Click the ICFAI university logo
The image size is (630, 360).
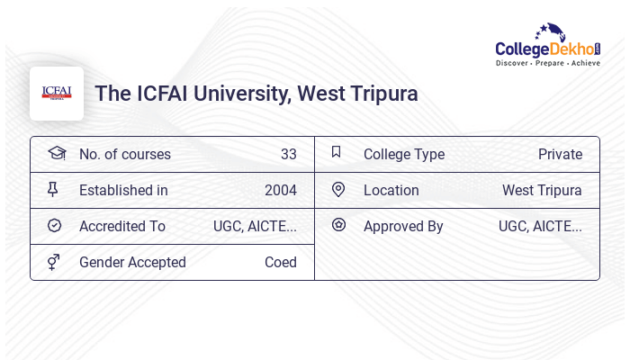(x=57, y=93)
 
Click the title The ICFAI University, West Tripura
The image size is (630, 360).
(x=256, y=94)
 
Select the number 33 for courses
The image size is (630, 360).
(x=288, y=154)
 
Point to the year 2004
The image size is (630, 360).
(x=280, y=190)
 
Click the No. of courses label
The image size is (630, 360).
(x=124, y=154)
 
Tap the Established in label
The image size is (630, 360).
(x=123, y=190)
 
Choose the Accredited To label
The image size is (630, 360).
(x=122, y=226)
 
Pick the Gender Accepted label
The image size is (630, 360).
(x=132, y=262)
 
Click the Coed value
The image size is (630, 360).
(x=280, y=262)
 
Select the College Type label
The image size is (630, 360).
(x=404, y=154)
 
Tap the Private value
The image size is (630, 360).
(x=560, y=154)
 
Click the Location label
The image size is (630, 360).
(x=391, y=190)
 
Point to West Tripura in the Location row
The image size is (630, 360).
(x=542, y=190)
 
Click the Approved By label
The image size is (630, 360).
(x=403, y=226)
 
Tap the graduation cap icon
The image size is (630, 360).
(x=57, y=153)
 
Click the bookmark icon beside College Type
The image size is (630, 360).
(x=337, y=152)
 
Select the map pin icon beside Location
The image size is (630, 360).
(x=338, y=189)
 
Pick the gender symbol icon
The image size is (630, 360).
(x=54, y=262)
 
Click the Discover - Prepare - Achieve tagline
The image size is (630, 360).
(x=547, y=63)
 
